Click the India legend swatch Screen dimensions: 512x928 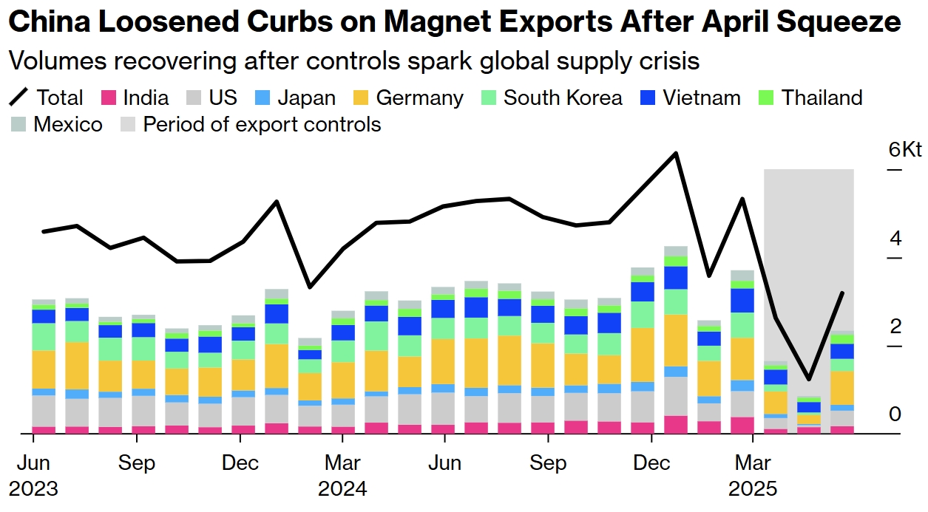(x=109, y=98)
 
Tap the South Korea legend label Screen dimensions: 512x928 (x=563, y=98)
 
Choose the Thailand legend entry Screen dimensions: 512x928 (x=822, y=98)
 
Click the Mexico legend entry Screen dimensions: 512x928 (x=67, y=124)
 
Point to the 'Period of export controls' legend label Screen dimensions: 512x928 (x=262, y=124)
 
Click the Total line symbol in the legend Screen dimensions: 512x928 (x=19, y=98)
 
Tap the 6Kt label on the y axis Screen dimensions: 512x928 (x=905, y=150)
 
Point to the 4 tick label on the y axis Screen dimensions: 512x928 (x=895, y=239)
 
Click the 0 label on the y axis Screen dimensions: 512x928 (x=895, y=414)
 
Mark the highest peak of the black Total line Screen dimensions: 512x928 (x=675, y=154)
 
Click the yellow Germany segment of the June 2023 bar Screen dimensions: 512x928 (x=44, y=369)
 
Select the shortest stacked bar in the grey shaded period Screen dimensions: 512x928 (x=809, y=414)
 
